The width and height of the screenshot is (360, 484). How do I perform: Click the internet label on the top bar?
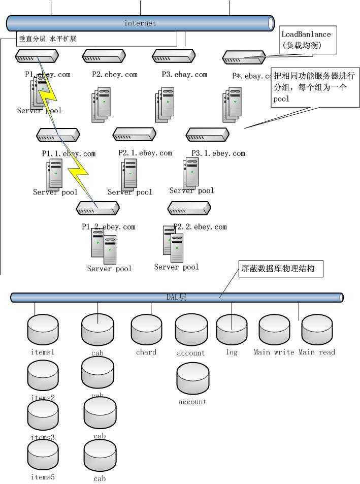(140, 23)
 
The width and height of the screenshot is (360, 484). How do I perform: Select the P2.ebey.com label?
(115, 74)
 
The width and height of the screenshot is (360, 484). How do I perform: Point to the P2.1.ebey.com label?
(145, 152)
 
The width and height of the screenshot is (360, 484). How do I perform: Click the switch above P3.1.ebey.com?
(208, 135)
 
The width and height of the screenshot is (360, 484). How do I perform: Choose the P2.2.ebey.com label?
(200, 227)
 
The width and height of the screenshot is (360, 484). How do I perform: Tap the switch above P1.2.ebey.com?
(97, 208)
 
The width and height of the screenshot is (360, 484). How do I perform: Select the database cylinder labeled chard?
(146, 330)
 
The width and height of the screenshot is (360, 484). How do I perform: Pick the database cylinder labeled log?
(232, 330)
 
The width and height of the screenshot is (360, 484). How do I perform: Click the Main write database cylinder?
(274, 330)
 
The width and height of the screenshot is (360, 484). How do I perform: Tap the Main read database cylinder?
(317, 330)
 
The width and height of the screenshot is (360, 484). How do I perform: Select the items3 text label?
(43, 437)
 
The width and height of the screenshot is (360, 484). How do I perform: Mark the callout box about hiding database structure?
(280, 269)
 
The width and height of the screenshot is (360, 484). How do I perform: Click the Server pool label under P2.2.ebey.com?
(176, 267)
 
